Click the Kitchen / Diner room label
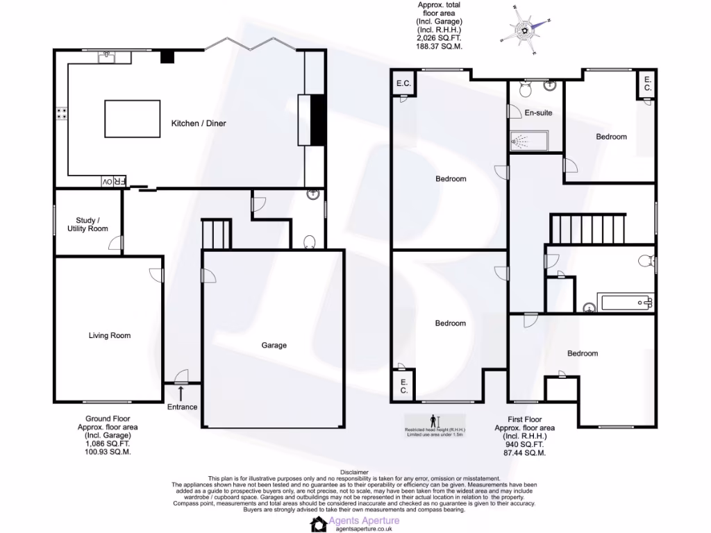(x=199, y=124)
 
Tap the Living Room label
(x=110, y=336)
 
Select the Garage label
(x=274, y=345)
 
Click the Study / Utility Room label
(x=87, y=224)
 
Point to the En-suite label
(x=538, y=112)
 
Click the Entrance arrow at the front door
(x=181, y=394)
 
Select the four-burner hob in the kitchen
(x=62, y=115)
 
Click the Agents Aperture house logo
(x=319, y=525)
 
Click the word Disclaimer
(x=355, y=472)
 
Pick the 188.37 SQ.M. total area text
(x=439, y=46)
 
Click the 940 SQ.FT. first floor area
(x=524, y=444)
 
